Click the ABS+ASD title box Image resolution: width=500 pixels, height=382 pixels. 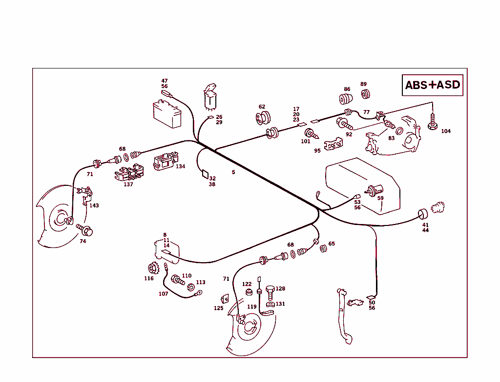432,85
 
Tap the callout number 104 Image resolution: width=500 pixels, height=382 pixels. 446,131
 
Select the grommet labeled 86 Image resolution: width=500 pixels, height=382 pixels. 346,99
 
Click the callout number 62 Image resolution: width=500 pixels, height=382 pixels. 262,107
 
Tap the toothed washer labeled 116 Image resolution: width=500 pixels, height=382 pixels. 154,269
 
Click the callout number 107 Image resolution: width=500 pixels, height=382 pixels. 163,294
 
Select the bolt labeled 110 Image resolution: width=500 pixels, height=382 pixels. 177,280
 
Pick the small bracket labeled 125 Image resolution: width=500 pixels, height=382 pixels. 225,298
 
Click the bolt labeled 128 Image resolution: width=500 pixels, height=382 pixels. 270,291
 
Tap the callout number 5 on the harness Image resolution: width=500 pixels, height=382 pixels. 233,172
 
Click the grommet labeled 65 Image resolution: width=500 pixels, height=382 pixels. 323,248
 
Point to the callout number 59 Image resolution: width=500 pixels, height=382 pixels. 380,198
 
